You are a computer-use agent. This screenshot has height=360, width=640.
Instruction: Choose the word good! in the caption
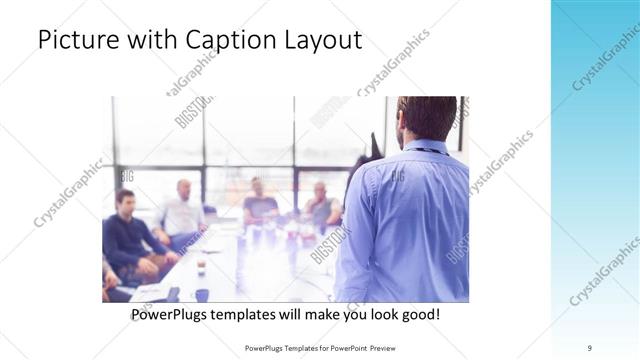(x=419, y=314)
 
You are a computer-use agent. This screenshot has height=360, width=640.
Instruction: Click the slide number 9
(x=590, y=347)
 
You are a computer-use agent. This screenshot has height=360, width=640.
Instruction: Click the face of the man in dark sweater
(x=124, y=201)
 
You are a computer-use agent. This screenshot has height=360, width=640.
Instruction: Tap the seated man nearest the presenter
(x=320, y=205)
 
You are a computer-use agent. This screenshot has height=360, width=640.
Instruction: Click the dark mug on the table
(x=202, y=294)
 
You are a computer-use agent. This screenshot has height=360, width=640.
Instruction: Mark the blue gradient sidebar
(x=595, y=180)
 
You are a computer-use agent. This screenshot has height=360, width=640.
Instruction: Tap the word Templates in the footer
(x=290, y=347)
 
